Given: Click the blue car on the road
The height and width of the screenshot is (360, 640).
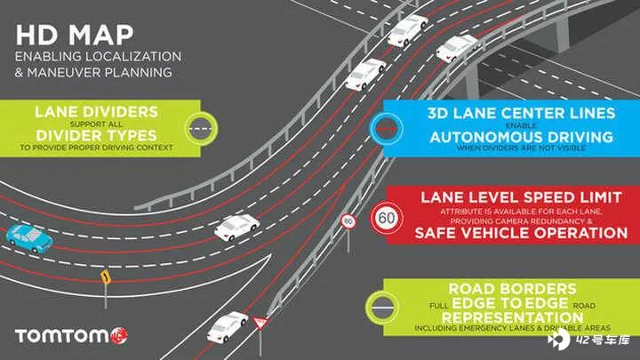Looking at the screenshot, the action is [29, 238].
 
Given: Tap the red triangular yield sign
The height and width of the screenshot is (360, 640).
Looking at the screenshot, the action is [260, 323].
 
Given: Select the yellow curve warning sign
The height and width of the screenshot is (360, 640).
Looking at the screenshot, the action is [106, 277].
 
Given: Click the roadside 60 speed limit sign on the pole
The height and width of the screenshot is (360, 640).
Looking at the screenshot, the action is [348, 221].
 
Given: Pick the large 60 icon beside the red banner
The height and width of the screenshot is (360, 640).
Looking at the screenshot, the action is [387, 219].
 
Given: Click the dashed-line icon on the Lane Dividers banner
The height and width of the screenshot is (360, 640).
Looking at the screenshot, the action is [201, 129].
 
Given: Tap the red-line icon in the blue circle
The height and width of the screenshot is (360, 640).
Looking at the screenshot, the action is [386, 129].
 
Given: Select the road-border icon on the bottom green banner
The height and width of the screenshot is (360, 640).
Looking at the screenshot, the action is [382, 308].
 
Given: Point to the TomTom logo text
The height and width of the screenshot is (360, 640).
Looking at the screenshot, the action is [62, 336].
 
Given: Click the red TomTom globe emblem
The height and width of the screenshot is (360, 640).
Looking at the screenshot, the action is [119, 336].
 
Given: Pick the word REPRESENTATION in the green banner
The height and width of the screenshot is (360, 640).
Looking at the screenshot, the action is [512, 317].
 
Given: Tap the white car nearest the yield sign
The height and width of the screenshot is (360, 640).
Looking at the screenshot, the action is [227, 326].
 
